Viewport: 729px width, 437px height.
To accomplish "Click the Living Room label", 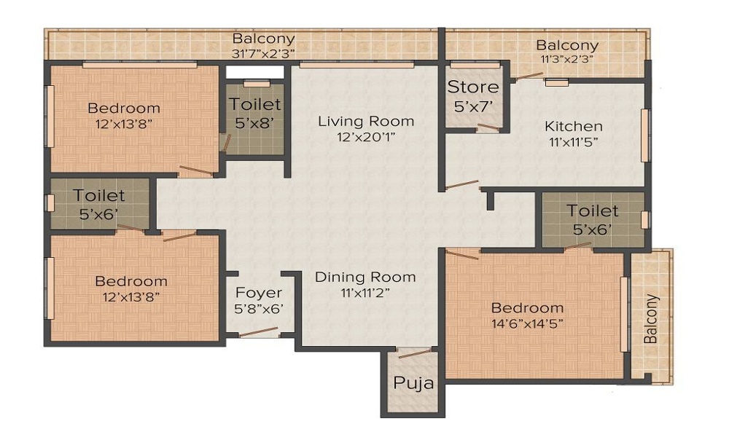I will coord(366,121).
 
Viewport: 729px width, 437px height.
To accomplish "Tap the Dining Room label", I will coord(365,277).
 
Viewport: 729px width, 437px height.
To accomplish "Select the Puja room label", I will coord(413,383).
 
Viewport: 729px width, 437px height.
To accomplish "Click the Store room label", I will coord(473,87).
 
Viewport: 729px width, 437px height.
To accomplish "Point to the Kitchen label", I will coord(574,127).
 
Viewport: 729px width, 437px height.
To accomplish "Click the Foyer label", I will coord(259,293).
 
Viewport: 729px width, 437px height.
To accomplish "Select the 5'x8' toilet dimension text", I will coord(254,123).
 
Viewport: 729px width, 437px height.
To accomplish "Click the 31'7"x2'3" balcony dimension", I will coord(263,52).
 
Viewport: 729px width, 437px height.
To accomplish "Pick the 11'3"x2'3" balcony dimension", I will coord(567,59).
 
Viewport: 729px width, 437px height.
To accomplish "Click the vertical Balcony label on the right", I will coord(651,318).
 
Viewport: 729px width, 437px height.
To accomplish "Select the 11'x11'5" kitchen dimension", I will coord(574,142).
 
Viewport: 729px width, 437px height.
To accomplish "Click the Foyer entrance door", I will coord(258,332).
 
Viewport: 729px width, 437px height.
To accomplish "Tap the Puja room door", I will coord(414,354).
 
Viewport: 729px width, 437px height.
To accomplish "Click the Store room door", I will coord(488,128).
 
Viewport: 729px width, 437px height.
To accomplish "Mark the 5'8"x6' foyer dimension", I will coord(259,308).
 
